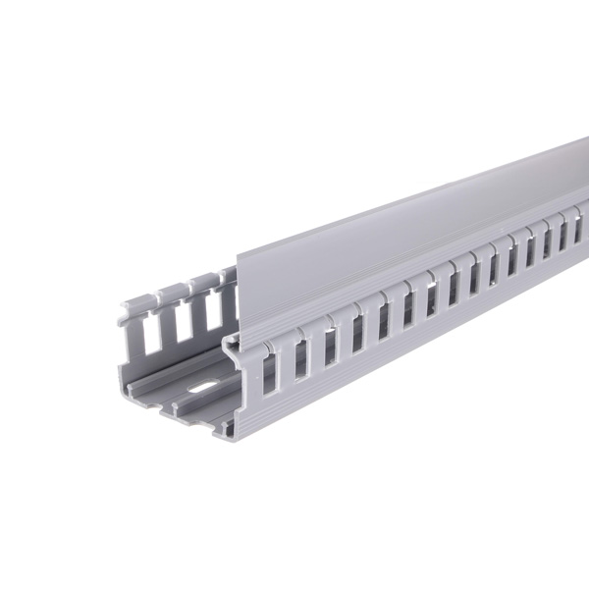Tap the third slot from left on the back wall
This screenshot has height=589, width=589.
click(211, 305)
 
